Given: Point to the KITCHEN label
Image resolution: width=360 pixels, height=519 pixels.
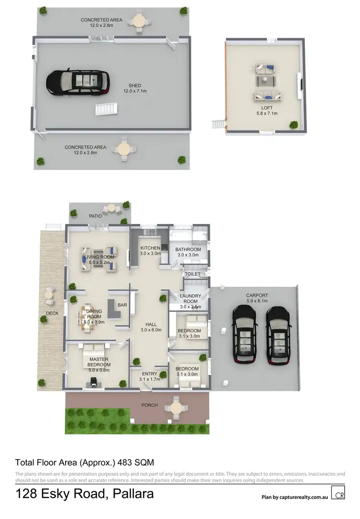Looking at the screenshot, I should [x=150, y=248].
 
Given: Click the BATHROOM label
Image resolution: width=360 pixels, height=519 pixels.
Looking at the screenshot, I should [x=188, y=249].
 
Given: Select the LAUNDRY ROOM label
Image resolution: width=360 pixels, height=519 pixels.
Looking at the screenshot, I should [x=191, y=299].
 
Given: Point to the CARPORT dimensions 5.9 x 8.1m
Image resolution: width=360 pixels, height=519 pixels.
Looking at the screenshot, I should [x=257, y=301].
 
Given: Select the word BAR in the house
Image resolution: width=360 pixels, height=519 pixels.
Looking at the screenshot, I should [x=122, y=305].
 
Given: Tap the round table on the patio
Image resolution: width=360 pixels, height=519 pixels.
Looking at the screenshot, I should [x=112, y=208].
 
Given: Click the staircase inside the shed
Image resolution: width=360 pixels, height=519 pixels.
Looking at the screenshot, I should [x=106, y=109].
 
